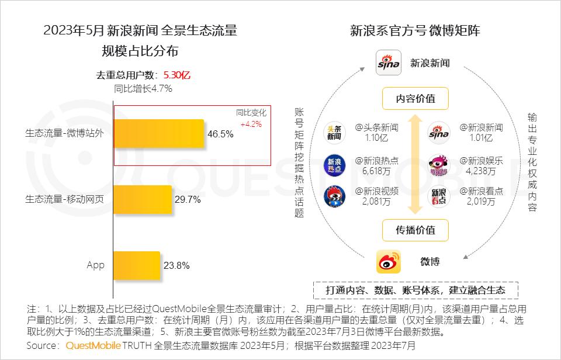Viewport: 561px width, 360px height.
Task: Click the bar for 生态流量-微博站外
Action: tap(158, 133)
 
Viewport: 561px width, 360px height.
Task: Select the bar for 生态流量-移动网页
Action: tap(142, 199)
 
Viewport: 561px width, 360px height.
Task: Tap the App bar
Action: tap(136, 266)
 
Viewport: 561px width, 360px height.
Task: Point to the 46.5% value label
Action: tap(220, 134)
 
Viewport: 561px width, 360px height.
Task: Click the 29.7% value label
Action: tap(188, 200)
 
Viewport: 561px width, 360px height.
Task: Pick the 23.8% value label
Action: tap(176, 266)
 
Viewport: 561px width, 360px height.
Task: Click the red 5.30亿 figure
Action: tap(177, 75)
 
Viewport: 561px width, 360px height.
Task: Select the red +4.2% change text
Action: tap(251, 124)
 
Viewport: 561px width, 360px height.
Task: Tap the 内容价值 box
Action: tap(415, 99)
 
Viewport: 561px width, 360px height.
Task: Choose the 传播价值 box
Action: tap(415, 230)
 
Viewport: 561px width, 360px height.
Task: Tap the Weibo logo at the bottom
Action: tap(389, 261)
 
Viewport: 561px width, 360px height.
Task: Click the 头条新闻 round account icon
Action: tap(335, 133)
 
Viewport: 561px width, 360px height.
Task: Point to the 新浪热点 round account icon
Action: tap(335, 165)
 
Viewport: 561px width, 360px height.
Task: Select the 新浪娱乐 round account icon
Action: tap(439, 165)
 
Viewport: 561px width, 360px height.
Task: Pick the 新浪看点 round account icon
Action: tap(439, 196)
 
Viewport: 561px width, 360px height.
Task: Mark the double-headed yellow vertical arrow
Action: tap(415, 164)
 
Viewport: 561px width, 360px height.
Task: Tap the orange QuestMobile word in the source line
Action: tap(93, 345)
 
